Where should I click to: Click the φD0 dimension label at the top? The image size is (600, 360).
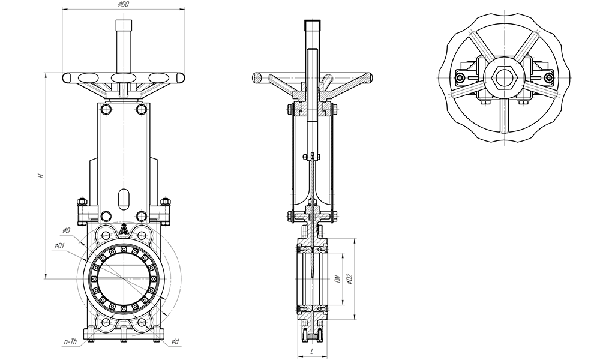pyautogui.click(x=124, y=5)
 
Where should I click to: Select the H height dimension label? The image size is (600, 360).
pyautogui.click(x=40, y=176)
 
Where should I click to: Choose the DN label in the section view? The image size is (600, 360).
pyautogui.click(x=337, y=278)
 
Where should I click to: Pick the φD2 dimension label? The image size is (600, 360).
pyautogui.click(x=350, y=278)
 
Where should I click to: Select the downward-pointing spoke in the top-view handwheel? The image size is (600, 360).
pyautogui.click(x=505, y=117)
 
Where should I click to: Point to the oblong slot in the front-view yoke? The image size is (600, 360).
pyautogui.click(x=124, y=197)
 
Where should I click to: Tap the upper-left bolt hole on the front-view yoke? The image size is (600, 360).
pyautogui.click(x=106, y=109)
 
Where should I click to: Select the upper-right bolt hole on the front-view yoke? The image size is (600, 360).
pyautogui.click(x=142, y=109)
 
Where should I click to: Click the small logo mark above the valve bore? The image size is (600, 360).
pyautogui.click(x=124, y=229)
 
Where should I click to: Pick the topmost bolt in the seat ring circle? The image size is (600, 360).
pyautogui.click(x=124, y=249)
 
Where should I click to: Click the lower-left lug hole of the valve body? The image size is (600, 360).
pyautogui.click(x=106, y=323)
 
